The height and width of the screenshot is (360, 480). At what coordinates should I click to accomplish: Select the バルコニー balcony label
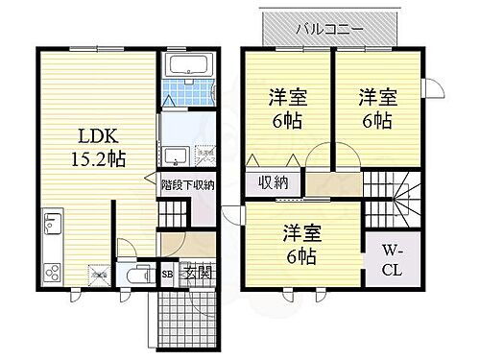pyautogui.click(x=329, y=28)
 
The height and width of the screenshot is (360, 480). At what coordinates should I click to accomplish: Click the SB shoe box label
pyautogui.click(x=167, y=275)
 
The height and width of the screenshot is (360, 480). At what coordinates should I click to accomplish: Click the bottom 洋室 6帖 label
pyautogui.click(x=300, y=244)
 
